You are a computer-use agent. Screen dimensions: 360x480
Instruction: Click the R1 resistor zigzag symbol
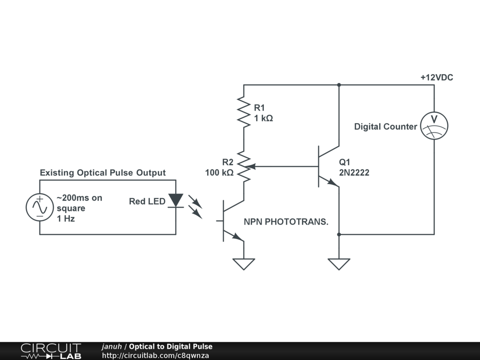244,112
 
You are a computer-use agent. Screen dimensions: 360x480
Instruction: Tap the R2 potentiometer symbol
244,166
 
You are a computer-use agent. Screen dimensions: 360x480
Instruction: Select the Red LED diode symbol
176,201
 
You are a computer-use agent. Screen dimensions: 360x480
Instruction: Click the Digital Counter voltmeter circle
434,126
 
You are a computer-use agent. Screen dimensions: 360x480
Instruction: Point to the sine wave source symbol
40,207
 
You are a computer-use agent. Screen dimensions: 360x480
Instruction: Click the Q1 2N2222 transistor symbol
328,166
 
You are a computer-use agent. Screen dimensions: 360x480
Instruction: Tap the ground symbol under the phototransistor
244,264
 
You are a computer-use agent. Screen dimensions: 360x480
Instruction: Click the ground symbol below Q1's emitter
338,264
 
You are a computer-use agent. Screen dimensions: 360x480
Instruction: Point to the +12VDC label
436,78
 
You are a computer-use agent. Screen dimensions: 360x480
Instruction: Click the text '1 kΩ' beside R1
263,119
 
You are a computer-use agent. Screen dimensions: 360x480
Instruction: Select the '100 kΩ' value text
219,172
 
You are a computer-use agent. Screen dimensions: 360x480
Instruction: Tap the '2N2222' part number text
354,172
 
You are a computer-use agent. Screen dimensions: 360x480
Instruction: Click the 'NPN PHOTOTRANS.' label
286,222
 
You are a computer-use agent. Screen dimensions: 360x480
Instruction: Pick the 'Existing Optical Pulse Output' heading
103,172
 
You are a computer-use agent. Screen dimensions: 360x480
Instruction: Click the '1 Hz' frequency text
66,218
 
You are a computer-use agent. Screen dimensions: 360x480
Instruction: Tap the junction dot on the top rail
338,85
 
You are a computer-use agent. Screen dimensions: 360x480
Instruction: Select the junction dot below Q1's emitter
338,234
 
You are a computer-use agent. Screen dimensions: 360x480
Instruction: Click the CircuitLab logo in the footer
51,351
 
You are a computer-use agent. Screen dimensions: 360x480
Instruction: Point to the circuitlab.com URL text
155,355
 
